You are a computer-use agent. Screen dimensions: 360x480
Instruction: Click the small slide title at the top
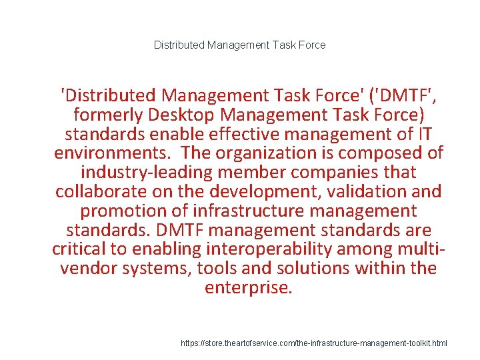pos(240,45)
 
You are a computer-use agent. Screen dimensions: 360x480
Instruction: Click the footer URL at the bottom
pos(314,343)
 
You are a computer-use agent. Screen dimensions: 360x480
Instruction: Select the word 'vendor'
pos(87,269)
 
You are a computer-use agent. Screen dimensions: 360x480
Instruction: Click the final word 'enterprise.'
pos(248,288)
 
